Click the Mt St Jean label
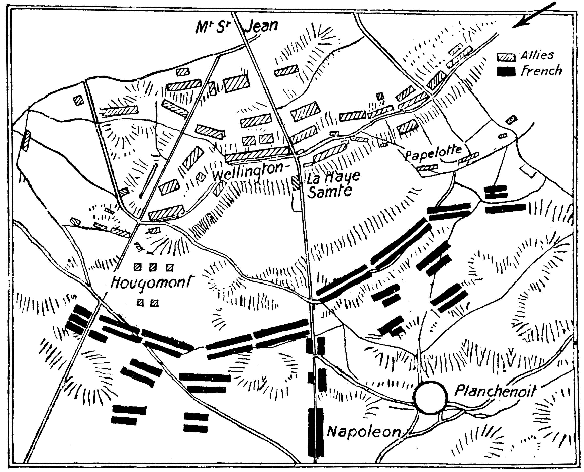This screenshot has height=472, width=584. (236, 26)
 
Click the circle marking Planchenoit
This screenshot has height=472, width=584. (431, 397)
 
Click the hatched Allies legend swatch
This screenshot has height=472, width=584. (506, 57)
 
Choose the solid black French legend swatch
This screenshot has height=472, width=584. (506, 72)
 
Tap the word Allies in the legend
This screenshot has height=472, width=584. (537, 55)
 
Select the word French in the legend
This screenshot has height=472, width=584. (541, 71)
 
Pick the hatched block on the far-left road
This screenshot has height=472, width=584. (26, 141)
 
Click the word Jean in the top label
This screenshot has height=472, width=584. (261, 25)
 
